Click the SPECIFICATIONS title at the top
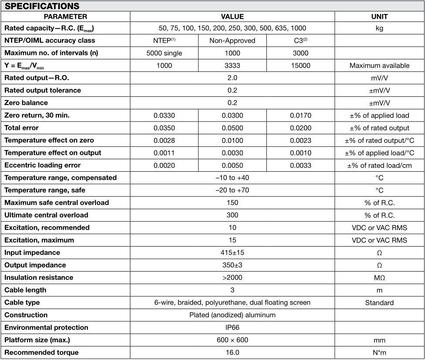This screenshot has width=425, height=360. click(42, 6)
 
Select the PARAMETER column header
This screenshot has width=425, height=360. click(65, 17)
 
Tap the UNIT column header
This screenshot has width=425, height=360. click(379, 17)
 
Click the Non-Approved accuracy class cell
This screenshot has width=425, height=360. click(232, 41)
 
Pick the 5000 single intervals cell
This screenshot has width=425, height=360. click(164, 53)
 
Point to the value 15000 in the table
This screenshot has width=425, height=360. click(301, 66)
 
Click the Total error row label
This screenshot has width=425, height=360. click(21, 128)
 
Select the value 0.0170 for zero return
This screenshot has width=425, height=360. click(301, 115)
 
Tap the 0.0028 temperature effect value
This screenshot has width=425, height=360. click(164, 140)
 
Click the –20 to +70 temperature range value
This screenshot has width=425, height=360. click(232, 190)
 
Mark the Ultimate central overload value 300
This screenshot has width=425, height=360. click(232, 215)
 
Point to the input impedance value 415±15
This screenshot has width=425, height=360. click(232, 253)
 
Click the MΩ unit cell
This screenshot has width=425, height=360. click(379, 278)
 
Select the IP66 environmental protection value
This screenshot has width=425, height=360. click(232, 327)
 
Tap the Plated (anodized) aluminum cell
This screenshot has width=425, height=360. click(232, 315)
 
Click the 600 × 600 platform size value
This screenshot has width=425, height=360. click(232, 340)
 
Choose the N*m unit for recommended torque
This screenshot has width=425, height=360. click(379, 353)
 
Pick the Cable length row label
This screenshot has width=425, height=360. click(25, 290)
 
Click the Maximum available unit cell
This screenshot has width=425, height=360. click(379, 66)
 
